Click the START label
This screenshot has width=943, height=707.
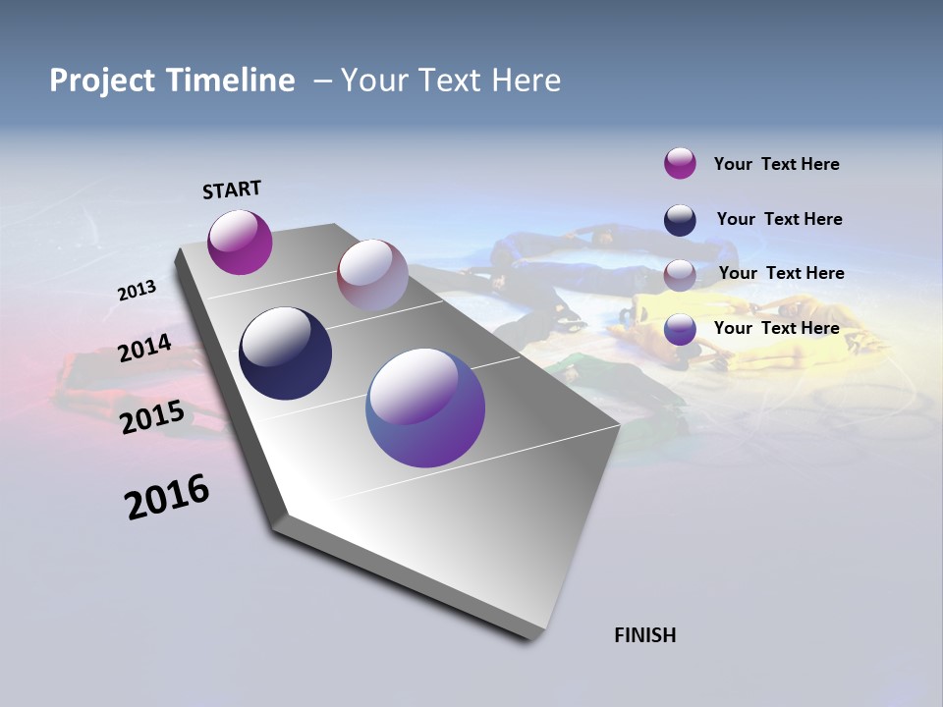coord(232,190)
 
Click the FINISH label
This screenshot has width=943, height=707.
coord(644,635)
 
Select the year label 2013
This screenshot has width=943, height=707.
coord(137,291)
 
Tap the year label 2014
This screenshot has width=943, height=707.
coord(144,349)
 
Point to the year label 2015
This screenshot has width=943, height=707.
coord(151,417)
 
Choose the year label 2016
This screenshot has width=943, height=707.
coord(167,497)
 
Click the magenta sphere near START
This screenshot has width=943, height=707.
coord(240,242)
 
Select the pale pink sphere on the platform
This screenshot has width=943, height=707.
coord(372,275)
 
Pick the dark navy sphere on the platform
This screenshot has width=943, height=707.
coord(285,353)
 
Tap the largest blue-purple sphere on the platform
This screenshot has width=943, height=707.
coord(425,408)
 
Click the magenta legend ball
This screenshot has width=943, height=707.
coord(680,163)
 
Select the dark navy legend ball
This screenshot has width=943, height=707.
coord(680,220)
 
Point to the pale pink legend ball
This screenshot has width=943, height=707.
coord(680,275)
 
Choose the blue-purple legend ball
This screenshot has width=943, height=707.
coord(680,329)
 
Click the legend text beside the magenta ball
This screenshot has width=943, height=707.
coord(776,164)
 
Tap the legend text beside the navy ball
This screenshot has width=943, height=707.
coord(779,219)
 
